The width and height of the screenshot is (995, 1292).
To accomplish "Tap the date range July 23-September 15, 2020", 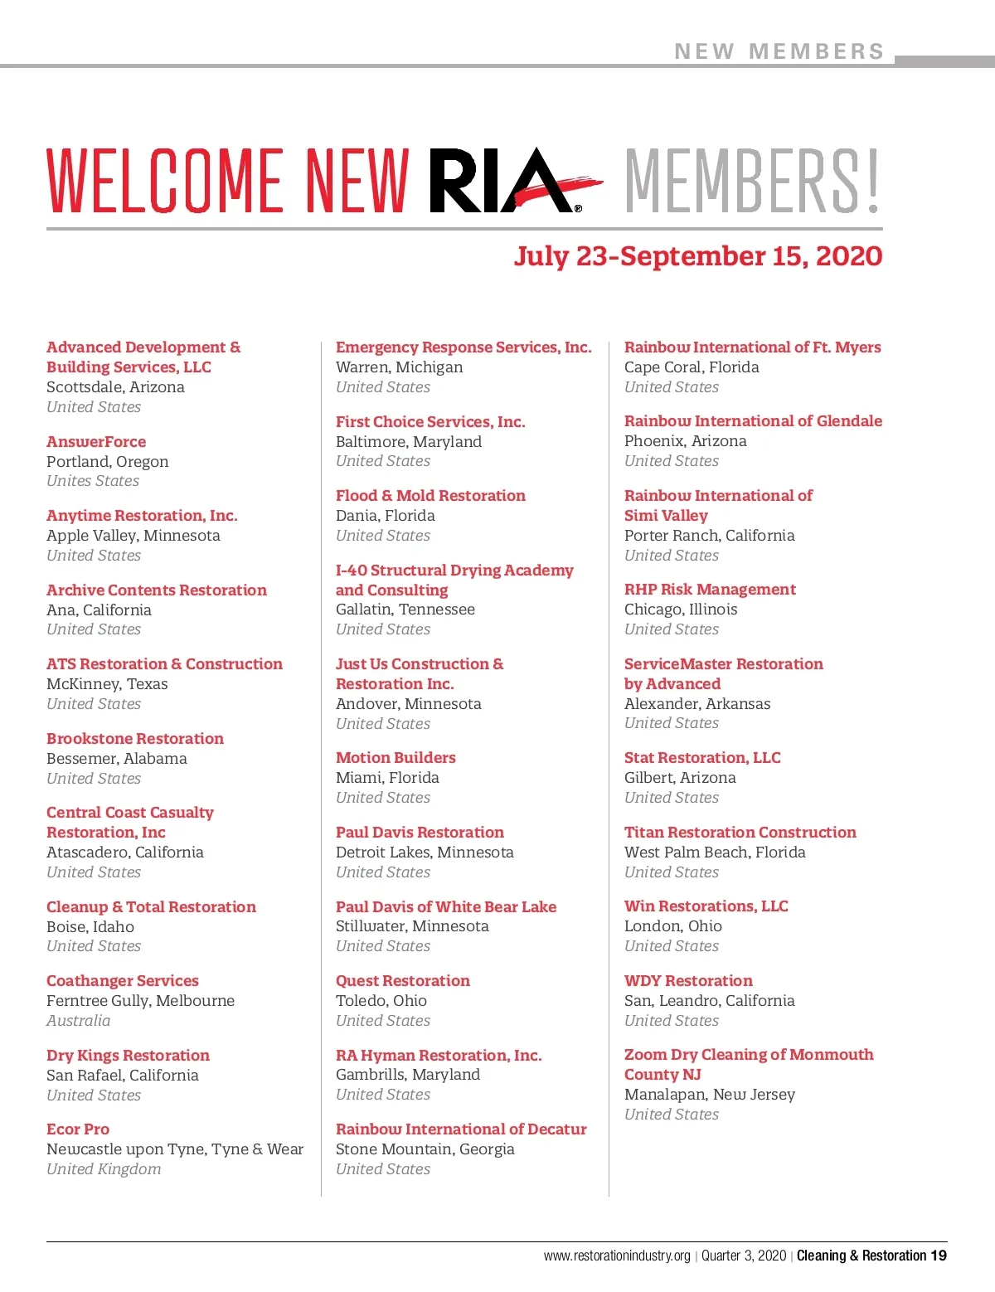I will click(697, 255).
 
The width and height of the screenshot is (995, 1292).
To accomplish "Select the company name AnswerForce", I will click(96, 442).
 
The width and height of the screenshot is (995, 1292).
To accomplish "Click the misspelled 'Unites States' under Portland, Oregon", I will click(93, 481).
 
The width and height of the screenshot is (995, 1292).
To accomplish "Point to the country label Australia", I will click(78, 1021).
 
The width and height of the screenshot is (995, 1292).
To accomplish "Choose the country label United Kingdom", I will click(104, 1169).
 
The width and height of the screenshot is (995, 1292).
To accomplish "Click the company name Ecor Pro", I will click(78, 1129).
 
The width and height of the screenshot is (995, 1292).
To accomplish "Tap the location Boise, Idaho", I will click(90, 927).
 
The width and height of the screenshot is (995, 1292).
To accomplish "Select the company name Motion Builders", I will click(396, 758).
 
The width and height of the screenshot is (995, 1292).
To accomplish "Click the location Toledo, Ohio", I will click(381, 1001).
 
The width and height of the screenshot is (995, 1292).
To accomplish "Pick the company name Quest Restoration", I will click(403, 981).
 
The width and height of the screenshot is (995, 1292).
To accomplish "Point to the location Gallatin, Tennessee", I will click(405, 610).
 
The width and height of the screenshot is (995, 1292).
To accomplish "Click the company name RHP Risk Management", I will click(710, 590).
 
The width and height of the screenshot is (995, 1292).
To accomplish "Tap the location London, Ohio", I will click(673, 926).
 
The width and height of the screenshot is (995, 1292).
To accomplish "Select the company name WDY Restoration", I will click(688, 981).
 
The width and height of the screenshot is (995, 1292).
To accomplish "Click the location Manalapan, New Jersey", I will click(710, 1095).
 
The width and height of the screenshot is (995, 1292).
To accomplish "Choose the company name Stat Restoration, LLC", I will click(702, 758).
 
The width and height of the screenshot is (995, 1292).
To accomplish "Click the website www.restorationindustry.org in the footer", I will click(617, 1256).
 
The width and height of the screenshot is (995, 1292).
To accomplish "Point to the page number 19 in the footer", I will click(938, 1256).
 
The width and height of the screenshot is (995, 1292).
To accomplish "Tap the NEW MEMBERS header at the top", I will click(779, 51).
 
